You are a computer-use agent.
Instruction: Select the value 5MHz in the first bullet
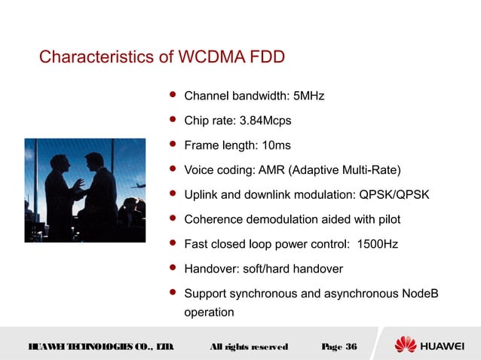point(309,96)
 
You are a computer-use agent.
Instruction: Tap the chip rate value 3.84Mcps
point(265,121)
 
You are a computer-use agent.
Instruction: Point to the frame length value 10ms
point(276,145)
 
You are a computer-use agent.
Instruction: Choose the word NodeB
point(417,293)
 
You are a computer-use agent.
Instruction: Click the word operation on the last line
point(209,311)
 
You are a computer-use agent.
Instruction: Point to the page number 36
point(351,346)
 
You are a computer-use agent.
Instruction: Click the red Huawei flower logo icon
point(406,345)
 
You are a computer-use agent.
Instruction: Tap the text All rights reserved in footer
point(248,346)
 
